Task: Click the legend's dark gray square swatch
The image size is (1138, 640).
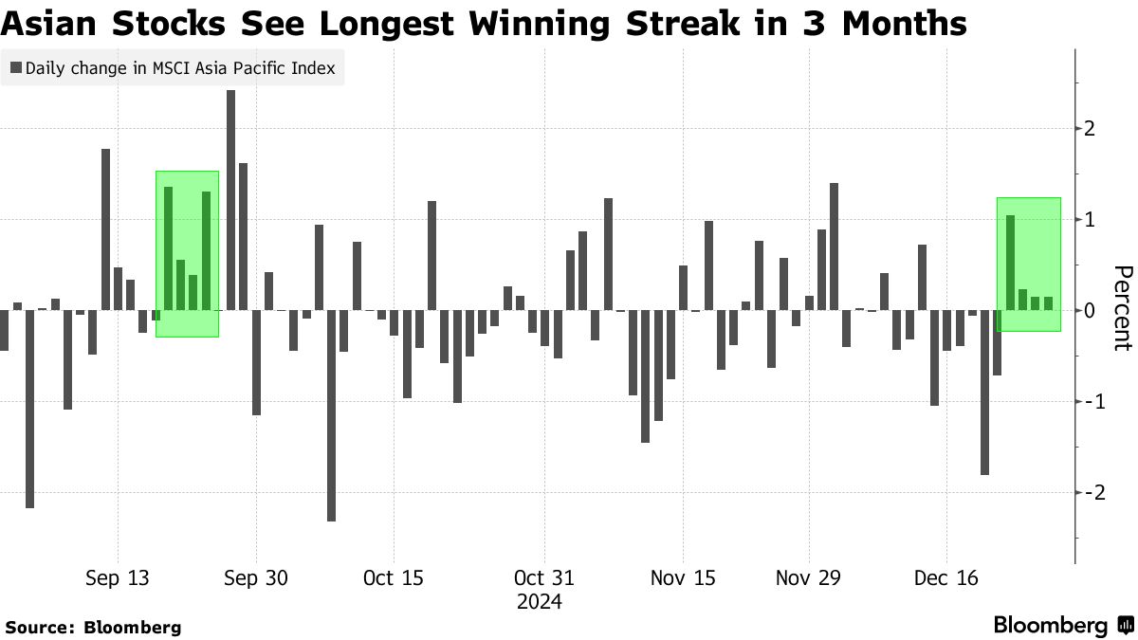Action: click(x=16, y=68)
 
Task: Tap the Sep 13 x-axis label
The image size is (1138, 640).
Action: click(x=116, y=578)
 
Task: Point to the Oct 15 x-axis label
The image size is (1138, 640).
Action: click(x=393, y=578)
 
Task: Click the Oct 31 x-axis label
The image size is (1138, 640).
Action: click(x=543, y=578)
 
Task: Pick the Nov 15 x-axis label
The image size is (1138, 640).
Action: click(x=683, y=578)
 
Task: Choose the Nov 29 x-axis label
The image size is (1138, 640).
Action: click(x=808, y=578)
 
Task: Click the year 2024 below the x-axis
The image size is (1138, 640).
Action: click(x=540, y=602)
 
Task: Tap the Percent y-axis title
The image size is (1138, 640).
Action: click(x=1121, y=308)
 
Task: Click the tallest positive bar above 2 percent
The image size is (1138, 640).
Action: click(x=230, y=199)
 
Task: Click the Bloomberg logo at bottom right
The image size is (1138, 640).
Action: click(x=1062, y=626)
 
